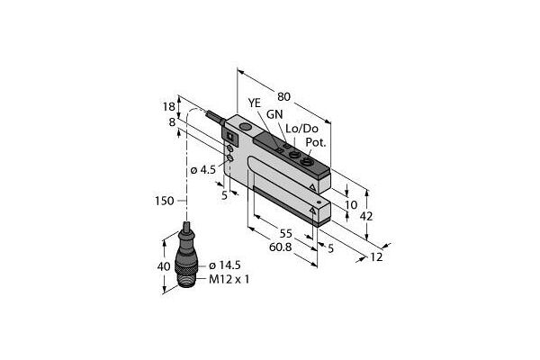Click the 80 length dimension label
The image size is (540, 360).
[x=283, y=97]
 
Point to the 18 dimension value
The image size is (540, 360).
[x=169, y=107]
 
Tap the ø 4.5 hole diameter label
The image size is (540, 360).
[x=203, y=170]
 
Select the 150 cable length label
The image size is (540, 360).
[x=165, y=201]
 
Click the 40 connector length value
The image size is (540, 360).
[x=164, y=266]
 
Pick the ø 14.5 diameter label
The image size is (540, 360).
[x=225, y=265]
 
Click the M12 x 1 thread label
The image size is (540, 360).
[x=229, y=279]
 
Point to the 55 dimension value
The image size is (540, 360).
[x=286, y=234]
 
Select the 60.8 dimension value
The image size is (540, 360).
[x=280, y=247]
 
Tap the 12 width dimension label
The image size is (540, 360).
[x=376, y=257]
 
